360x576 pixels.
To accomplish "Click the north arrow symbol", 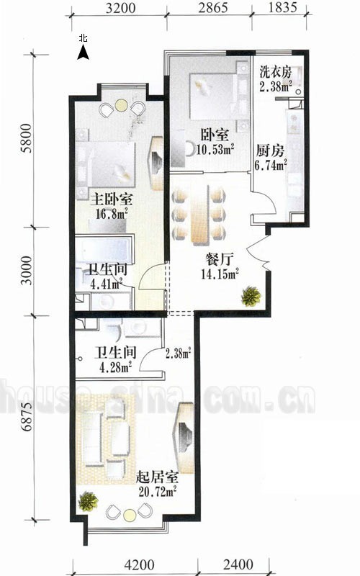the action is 84,53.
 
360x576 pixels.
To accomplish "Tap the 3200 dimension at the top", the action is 120,8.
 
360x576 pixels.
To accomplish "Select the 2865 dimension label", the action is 213,8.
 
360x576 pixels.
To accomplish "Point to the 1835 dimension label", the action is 282,8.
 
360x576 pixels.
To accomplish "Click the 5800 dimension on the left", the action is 27,138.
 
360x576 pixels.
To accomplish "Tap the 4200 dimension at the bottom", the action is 139,564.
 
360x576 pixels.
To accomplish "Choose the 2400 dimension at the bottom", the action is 238,564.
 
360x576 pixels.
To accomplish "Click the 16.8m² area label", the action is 112,213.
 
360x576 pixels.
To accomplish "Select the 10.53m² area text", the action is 215,150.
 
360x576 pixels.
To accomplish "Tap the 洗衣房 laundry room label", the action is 276,71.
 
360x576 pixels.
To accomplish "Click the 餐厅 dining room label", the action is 220,259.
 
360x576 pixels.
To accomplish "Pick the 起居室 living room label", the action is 157,477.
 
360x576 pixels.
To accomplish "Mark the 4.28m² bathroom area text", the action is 115,367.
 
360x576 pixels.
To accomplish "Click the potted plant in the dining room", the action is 251,296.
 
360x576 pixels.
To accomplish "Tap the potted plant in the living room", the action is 89,501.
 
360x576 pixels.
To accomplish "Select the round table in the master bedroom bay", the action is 121,106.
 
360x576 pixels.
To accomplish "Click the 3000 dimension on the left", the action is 27,271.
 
